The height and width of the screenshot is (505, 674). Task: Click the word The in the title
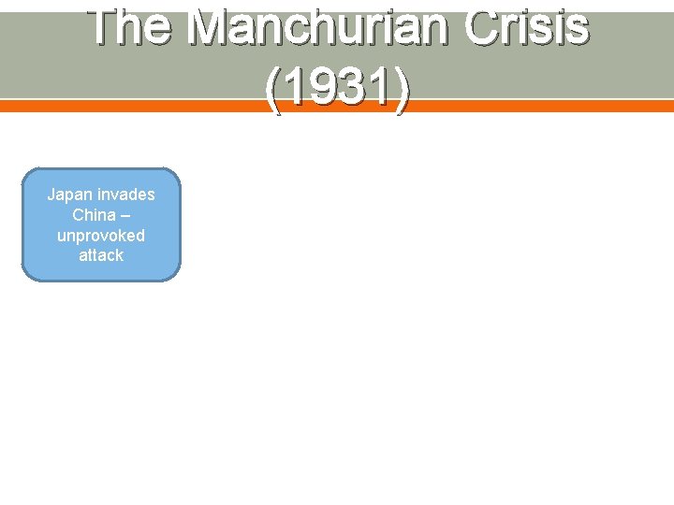[131, 28]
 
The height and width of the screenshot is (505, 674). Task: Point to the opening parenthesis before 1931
[273, 91]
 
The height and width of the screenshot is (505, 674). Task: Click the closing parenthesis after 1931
[401, 91]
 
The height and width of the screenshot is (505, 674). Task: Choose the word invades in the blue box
[125, 195]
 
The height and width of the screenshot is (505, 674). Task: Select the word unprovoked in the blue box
[101, 235]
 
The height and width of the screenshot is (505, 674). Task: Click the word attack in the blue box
[101, 255]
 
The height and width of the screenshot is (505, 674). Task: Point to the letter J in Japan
[51, 195]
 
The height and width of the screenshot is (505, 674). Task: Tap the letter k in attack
[119, 255]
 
